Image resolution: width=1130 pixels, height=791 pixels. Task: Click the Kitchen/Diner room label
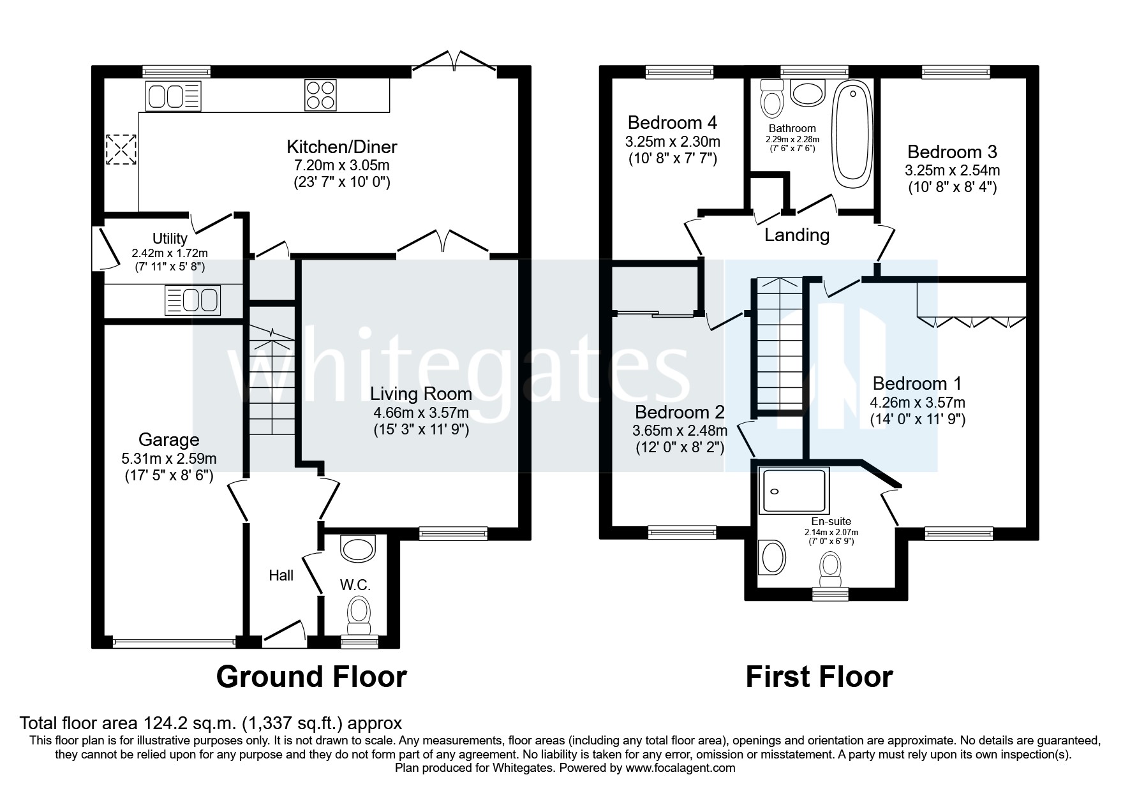pos(341,147)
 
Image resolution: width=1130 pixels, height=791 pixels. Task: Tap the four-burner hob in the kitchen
pos(320,94)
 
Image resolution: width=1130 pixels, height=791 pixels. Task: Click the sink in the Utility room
pos(193,300)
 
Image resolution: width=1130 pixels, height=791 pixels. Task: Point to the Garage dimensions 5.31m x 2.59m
pos(168,458)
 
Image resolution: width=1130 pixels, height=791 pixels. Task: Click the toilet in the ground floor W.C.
pos(359,612)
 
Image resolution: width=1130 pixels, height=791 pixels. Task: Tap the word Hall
pos(281,575)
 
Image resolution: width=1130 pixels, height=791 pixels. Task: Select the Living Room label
pos(421,394)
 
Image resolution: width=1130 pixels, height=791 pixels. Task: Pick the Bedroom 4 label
pos(672,122)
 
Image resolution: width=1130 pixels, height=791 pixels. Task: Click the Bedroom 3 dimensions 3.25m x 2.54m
pos(952,170)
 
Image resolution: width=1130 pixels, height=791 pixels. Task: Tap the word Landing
pos(797,235)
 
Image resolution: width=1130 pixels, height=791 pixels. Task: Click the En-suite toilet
pos(829,568)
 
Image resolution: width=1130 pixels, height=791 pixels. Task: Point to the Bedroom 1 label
pos(917,383)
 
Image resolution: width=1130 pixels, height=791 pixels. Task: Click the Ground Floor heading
pos(311,677)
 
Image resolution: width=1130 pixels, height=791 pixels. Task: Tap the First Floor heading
pos(819,677)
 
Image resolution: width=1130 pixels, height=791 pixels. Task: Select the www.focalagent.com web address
pos(680,768)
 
